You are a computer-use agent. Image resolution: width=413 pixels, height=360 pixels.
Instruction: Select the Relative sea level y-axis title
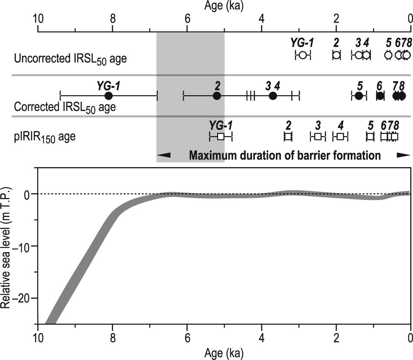pyautogui.click(x=6, y=248)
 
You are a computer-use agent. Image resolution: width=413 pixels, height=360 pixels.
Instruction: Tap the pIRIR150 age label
pyautogui.click(x=45, y=137)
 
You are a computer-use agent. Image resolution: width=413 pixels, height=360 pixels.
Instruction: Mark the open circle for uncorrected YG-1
pyautogui.click(x=303, y=55)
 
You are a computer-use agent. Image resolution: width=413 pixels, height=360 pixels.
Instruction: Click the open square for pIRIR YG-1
pyautogui.click(x=221, y=137)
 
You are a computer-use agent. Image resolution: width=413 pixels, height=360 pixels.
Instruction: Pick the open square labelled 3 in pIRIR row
pyautogui.click(x=318, y=137)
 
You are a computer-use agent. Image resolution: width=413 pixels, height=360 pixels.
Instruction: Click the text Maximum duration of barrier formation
pyautogui.click(x=284, y=155)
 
